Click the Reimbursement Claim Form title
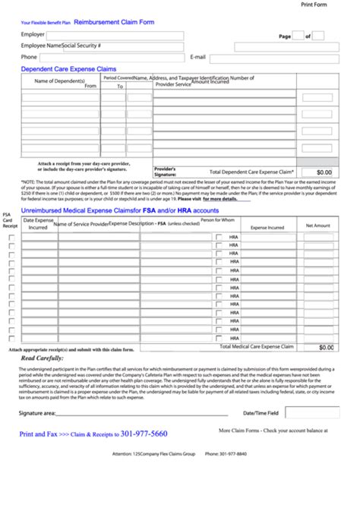point(114,22)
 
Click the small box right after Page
point(298,35)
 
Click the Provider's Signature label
point(166,172)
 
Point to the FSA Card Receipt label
point(9,220)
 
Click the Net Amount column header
point(317,226)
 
